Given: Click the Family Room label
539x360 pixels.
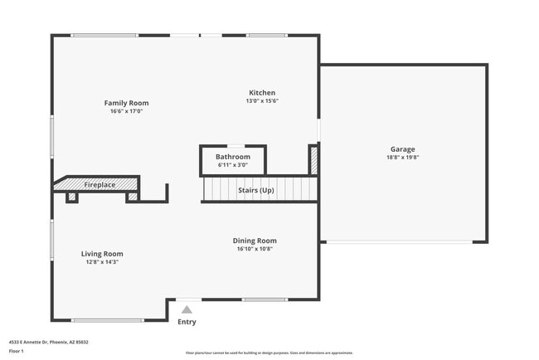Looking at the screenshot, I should click(126, 103).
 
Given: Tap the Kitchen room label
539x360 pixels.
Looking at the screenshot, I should click(262, 93).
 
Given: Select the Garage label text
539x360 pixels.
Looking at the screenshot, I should click(403, 149).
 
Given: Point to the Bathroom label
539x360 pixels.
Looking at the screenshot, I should click(233, 156).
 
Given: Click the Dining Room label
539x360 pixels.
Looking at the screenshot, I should click(255, 241).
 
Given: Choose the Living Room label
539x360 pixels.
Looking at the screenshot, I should click(102, 254).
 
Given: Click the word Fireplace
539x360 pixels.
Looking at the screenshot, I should click(100, 184).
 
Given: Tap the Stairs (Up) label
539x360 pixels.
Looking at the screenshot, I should click(256, 191).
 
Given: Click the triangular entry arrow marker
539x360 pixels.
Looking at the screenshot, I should click(187, 309).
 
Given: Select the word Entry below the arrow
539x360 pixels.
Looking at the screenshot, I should click(187, 322).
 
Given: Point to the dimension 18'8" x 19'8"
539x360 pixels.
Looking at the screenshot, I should click(403, 158).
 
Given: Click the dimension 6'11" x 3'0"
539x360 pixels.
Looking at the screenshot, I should click(233, 164).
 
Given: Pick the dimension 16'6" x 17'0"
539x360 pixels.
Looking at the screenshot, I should click(126, 111).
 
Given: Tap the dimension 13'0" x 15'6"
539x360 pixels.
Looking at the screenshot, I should click(262, 101).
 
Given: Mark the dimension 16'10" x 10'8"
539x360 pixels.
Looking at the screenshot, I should click(255, 249).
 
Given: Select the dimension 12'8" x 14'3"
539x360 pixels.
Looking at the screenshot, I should click(102, 262).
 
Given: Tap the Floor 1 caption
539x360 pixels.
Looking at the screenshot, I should click(17, 351).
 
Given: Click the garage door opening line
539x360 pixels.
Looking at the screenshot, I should click(397, 241).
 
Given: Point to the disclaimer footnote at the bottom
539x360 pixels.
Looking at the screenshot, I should click(269, 353).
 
